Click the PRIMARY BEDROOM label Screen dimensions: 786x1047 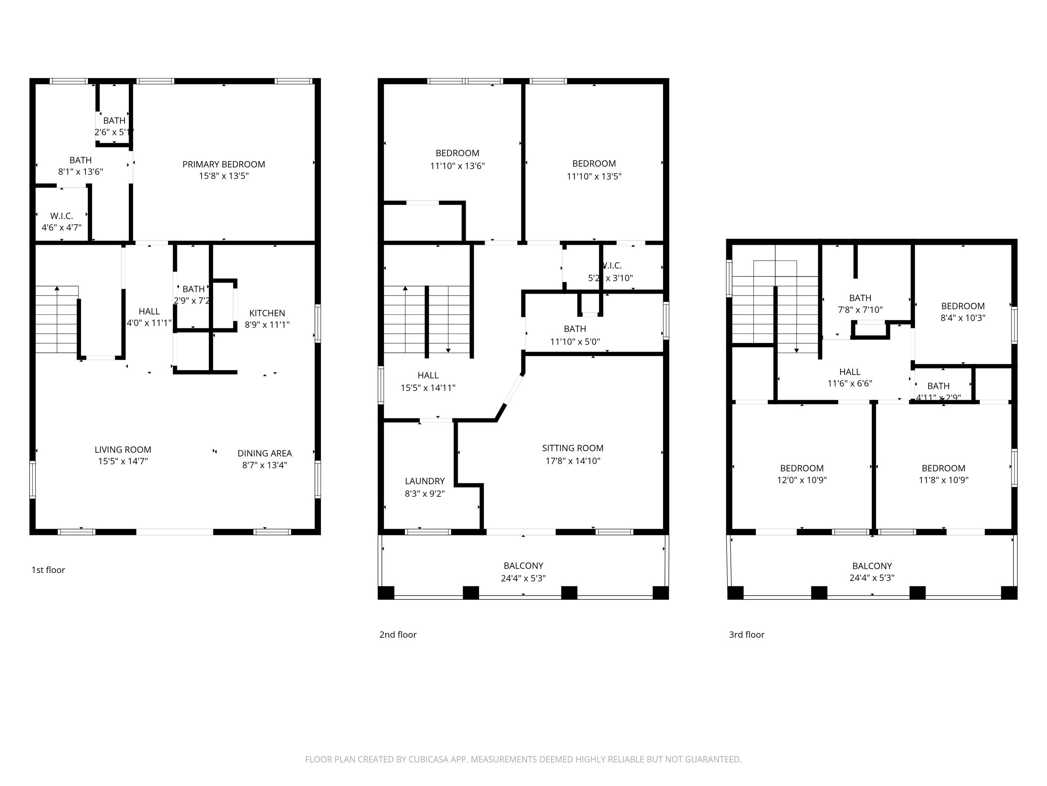pos(223,164)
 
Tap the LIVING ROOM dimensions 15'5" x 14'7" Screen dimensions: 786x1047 pos(123,462)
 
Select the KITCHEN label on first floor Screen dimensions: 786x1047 pos(267,313)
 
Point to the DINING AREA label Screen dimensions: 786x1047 pos(265,454)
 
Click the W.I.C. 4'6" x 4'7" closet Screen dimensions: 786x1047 pos(62,221)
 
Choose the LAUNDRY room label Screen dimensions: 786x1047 pos(425,481)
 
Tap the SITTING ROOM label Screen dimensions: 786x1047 pos(573,448)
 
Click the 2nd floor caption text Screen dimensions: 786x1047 pos(397,634)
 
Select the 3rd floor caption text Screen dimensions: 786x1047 pos(746,634)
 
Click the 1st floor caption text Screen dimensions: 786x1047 pos(48,570)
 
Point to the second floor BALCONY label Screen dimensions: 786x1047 pos(523,566)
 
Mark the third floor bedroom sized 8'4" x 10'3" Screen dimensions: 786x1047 pos(963,312)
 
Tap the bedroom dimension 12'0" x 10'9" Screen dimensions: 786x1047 pos(802,480)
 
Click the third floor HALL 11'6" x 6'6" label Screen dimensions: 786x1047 pos(850,378)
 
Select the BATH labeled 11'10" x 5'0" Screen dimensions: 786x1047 pos(575,335)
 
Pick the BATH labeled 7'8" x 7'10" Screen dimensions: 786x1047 pos(860,304)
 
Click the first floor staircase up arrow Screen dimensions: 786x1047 pos(57,288)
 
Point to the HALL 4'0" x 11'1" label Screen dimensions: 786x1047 pos(149,317)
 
